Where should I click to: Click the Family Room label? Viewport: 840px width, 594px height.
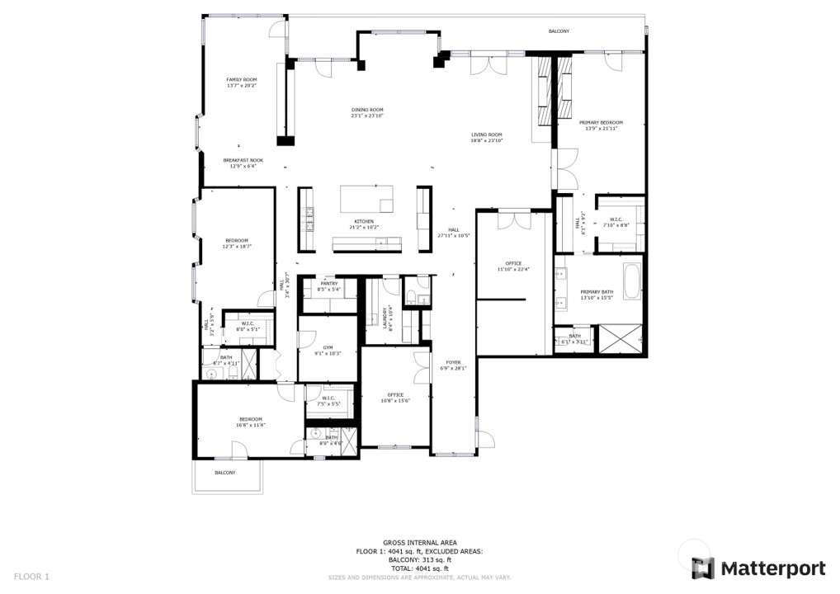[x=242, y=82]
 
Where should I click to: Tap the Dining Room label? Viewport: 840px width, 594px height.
[x=367, y=112]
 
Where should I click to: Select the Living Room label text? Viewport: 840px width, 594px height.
[x=487, y=138]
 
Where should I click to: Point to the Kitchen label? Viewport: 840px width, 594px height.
[x=364, y=224]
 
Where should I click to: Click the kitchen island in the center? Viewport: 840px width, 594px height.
[x=366, y=199]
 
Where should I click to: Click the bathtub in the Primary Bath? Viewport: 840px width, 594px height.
[x=631, y=281]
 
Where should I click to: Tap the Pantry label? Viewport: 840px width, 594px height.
[x=329, y=285]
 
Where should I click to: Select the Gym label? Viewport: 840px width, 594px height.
[x=327, y=350]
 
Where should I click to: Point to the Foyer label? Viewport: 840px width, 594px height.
[x=454, y=365]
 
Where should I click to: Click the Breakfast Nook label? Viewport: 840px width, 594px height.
[x=243, y=163]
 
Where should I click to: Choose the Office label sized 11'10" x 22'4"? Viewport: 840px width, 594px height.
[x=513, y=266]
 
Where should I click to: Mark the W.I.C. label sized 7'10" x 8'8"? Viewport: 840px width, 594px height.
[x=616, y=222]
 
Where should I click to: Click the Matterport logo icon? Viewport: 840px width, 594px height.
[x=702, y=568]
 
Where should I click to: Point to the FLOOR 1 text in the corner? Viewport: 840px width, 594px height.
[x=32, y=576]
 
